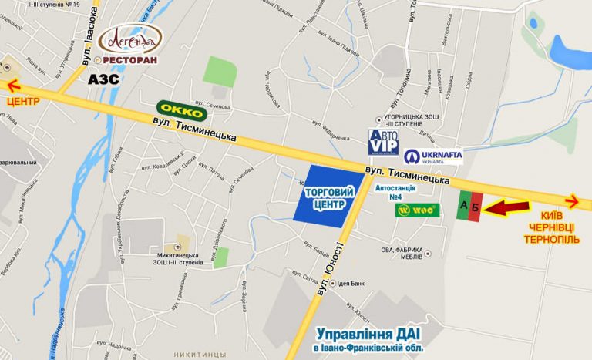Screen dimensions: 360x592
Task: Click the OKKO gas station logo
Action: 182,111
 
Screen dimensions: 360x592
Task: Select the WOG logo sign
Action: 417,210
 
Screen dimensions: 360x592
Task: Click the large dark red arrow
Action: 510,207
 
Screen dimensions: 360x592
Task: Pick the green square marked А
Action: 462,206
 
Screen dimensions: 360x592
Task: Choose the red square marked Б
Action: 476,207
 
